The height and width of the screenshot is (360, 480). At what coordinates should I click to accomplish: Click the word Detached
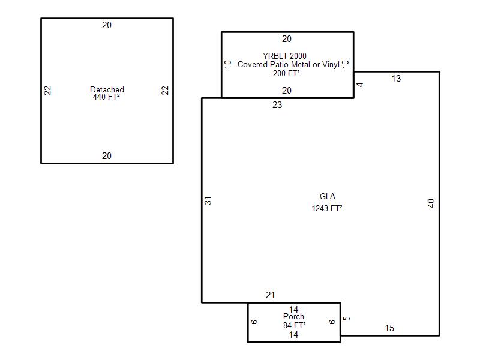pos(107,89)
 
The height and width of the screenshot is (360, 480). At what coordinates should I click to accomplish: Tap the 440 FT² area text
pos(106,97)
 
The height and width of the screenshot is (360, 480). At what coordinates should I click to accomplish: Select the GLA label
pos(327,196)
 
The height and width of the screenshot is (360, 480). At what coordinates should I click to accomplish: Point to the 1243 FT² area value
pos(327,208)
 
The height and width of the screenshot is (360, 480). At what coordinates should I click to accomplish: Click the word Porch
pos(293,316)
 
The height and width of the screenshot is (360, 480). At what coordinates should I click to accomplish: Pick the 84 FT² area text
pos(295,325)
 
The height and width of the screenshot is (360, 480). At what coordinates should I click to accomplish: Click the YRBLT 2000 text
pos(284,56)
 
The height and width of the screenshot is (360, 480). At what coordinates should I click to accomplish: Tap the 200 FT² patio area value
pos(286,73)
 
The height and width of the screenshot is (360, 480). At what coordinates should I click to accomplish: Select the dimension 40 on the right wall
pos(431,203)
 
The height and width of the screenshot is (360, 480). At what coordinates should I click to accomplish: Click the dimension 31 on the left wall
pos(208,201)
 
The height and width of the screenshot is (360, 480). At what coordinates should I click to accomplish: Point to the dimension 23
pos(277,105)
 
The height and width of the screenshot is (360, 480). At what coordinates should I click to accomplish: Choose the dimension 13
pos(396,79)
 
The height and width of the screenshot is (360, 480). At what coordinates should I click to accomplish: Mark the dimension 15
pos(389,328)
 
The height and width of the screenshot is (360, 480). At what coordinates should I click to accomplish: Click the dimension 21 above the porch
pos(270,295)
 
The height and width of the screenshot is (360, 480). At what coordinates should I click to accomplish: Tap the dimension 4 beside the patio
pos(360,85)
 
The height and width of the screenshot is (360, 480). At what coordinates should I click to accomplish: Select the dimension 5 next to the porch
pos(347,319)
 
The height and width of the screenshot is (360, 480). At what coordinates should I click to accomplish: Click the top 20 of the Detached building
pos(107,25)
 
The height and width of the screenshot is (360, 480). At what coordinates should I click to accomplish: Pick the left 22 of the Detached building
pos(47,91)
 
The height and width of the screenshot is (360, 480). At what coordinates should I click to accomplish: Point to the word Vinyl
pos(331,65)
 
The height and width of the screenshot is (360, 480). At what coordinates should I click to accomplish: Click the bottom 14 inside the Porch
pos(293,335)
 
